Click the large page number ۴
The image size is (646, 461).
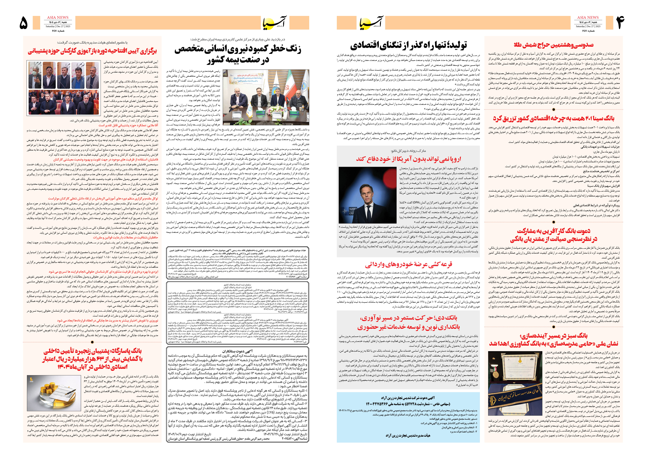coord(620,23)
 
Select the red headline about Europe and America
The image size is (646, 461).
coord(408,159)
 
